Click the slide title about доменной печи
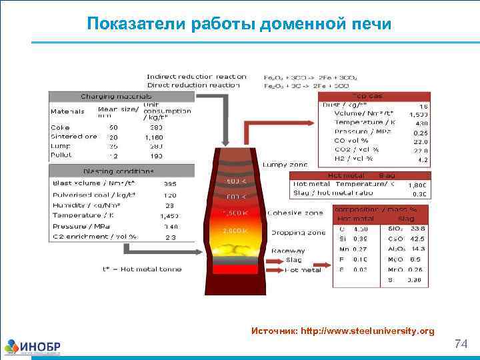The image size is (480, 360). pos(239,25)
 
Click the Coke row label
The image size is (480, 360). pos(60,127)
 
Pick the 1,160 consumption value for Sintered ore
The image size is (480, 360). pos(154,137)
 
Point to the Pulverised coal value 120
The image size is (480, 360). pos(169,195)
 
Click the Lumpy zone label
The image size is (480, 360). pos(285,164)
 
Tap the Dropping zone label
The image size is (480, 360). pos(298,233)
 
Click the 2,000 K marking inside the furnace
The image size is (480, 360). pos(236,230)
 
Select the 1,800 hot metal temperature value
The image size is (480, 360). pos(419,185)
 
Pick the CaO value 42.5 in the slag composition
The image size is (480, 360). pos(417,238)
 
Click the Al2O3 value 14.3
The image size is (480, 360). pos(418,248)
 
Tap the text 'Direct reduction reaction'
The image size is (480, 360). pos(193,85)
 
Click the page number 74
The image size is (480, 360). pos(461,344)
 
